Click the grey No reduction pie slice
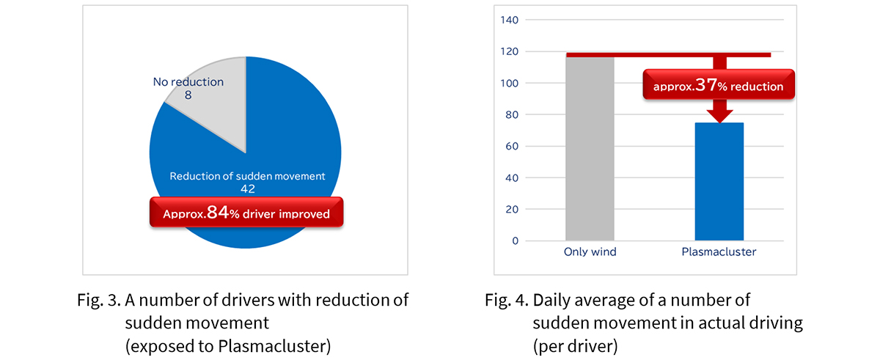tap(220, 114)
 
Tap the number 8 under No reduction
tap(188, 95)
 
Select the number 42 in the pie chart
tap(248, 189)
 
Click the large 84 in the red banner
tap(218, 213)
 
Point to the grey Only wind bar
tap(590, 149)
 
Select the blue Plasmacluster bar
tap(719, 181)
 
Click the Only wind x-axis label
tap(590, 251)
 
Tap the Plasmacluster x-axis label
tap(719, 251)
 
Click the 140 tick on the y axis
tap(509, 20)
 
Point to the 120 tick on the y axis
tap(509, 51)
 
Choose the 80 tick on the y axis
tap(512, 114)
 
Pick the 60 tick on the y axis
tap(512, 146)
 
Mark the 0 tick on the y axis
tap(515, 240)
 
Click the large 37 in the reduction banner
tap(706, 85)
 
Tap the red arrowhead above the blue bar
tap(719, 116)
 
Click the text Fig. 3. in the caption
tap(99, 300)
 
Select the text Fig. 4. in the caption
tap(507, 300)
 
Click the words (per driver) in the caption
tap(575, 346)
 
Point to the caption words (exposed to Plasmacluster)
tap(228, 346)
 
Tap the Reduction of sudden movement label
tap(248, 176)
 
